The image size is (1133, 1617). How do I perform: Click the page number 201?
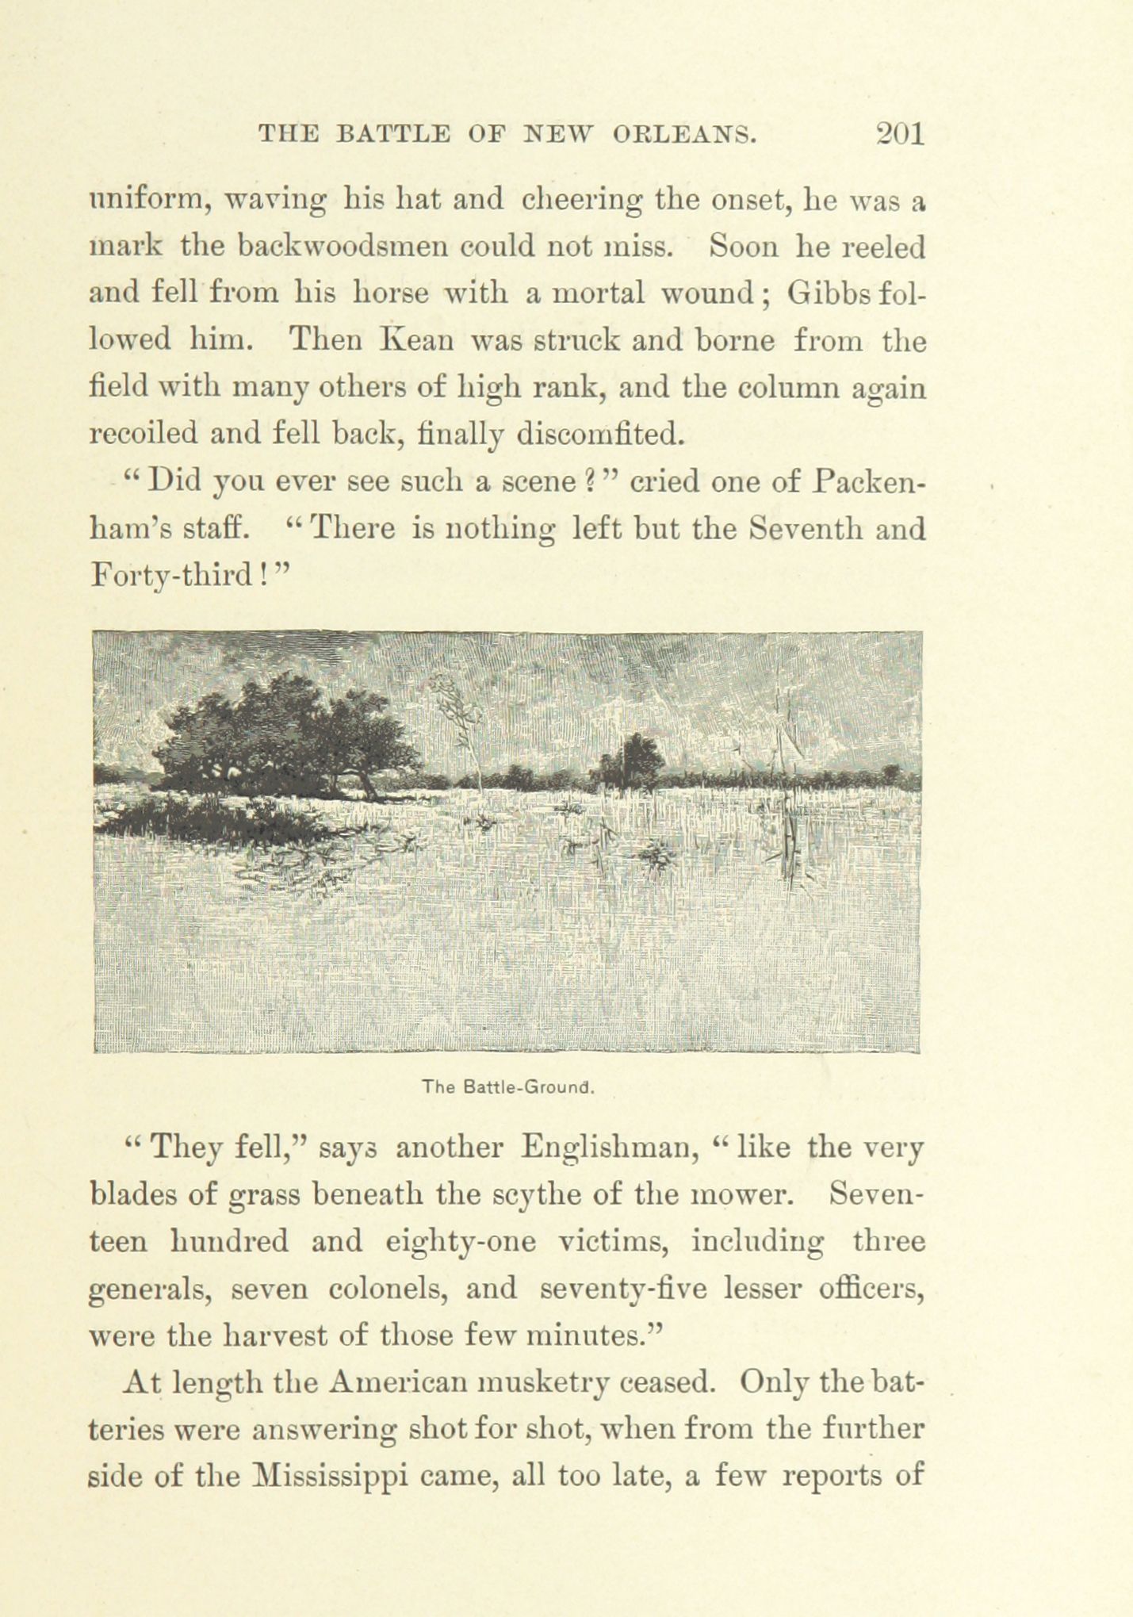[x=900, y=133]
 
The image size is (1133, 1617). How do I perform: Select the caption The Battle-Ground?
[x=508, y=1087]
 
